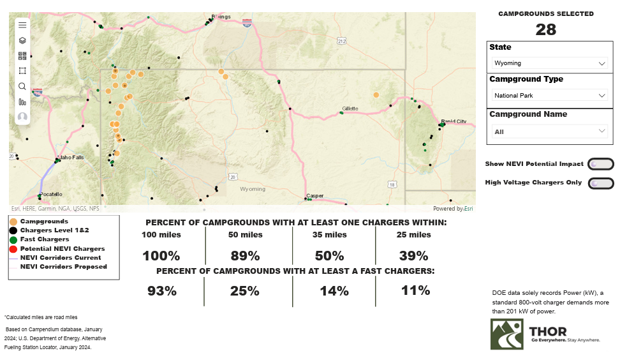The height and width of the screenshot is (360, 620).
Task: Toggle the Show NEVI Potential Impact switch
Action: [601, 164]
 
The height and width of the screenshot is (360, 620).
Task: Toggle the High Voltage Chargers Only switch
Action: [601, 183]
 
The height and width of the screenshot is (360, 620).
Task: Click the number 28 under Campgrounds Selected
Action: [546, 29]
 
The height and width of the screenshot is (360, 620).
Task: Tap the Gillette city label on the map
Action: [350, 109]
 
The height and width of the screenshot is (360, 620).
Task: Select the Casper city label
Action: [315, 195]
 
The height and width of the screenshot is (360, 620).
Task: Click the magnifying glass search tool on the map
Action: [22, 86]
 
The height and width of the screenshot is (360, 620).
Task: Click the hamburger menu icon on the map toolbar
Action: [22, 25]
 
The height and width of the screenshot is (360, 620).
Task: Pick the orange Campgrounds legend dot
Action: [13, 221]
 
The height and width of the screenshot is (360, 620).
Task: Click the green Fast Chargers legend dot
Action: [13, 239]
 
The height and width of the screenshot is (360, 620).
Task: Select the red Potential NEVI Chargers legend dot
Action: [13, 248]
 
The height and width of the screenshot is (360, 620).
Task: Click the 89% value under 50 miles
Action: [245, 256]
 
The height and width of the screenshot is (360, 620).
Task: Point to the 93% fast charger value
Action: [162, 291]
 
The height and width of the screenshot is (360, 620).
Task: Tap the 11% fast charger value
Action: [415, 290]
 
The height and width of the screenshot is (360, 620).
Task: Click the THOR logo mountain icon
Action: [506, 334]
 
